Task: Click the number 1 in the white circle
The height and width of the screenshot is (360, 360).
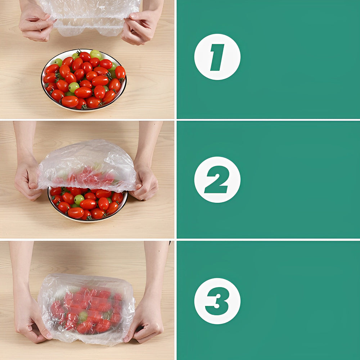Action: [217, 57]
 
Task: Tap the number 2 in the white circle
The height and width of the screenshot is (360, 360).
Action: [217, 179]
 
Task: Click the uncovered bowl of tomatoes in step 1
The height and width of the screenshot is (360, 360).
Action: [84, 80]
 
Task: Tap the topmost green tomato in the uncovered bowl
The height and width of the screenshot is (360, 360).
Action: [95, 54]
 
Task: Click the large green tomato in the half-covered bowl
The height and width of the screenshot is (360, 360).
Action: [79, 199]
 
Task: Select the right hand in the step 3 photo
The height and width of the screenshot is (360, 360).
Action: [145, 321]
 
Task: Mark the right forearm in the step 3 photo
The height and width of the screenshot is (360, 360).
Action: [156, 271]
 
